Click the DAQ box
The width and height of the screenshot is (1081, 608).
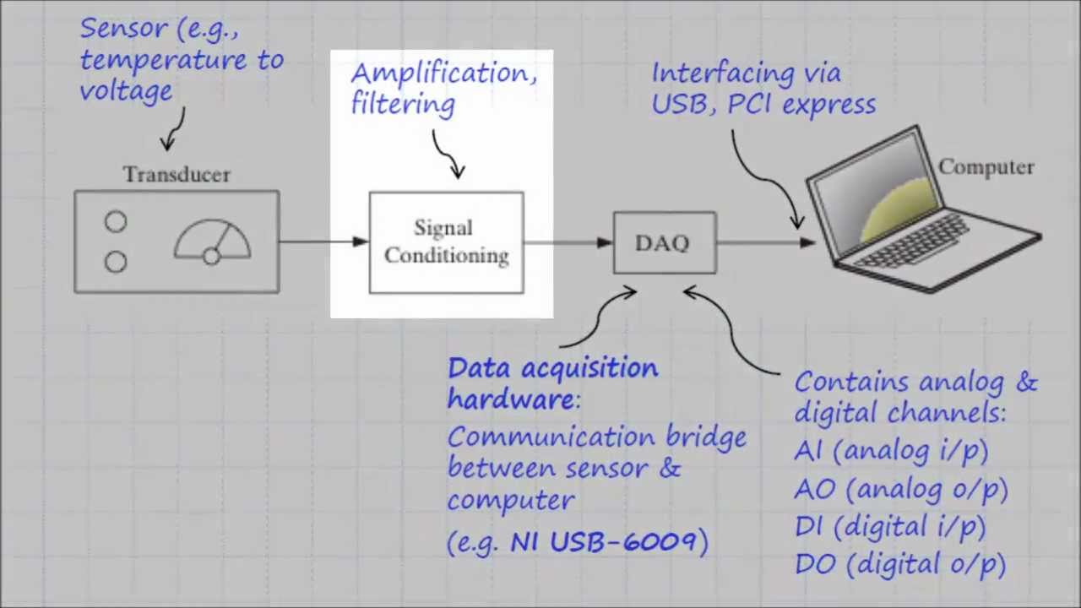coord(665,243)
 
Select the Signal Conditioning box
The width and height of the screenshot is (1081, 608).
coord(446,243)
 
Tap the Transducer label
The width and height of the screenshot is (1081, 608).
coord(176,175)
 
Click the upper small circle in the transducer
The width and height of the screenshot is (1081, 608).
coord(116,222)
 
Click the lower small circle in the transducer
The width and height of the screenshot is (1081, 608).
coord(116,263)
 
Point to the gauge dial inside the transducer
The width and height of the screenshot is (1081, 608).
coord(212,242)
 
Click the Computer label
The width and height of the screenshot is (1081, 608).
coord(986,167)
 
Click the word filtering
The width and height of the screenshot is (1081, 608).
coord(403,105)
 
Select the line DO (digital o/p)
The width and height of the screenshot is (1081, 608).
coord(900,564)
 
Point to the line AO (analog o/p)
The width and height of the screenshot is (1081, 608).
coord(900,490)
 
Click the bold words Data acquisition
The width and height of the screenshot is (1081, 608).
coord(552,369)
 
